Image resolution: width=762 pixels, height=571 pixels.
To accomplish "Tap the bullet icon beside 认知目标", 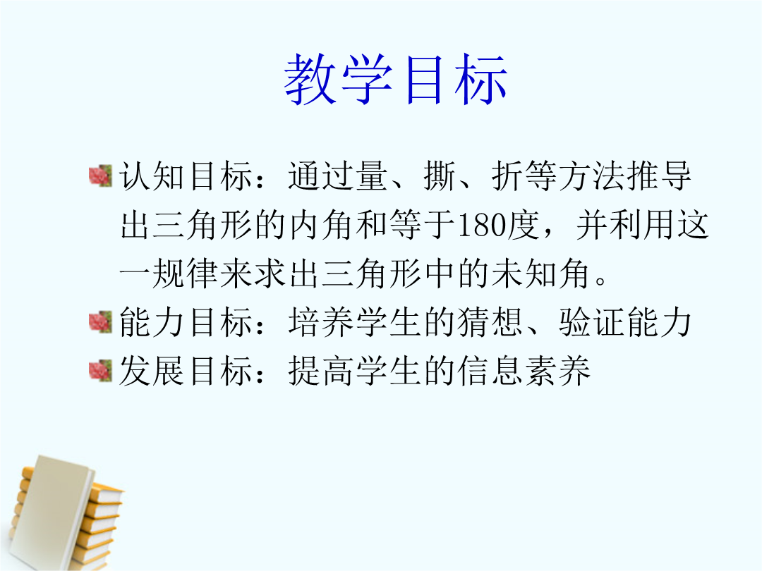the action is pos(101,176).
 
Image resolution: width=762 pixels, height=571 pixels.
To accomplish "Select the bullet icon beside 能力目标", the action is pos(101,322).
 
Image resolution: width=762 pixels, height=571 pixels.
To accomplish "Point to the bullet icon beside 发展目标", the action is pos(101,371).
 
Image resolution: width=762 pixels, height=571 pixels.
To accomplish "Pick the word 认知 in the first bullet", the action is pos(152,176).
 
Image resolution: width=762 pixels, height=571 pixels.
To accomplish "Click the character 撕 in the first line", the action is pos(440,176).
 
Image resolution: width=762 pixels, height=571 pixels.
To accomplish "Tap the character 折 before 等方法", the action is pos(507,176).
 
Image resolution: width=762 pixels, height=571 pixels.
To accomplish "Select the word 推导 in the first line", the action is pos(659,176).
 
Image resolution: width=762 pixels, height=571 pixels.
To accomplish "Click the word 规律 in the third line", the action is pos(185,274).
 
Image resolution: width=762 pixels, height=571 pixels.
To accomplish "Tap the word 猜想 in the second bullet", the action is pos(490,323).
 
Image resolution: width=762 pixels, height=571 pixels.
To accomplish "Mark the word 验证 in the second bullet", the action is pos(592,323).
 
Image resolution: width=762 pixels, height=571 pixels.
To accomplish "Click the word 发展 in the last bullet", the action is pos(152,372).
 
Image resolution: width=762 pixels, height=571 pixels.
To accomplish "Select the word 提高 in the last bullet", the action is pos(321,372).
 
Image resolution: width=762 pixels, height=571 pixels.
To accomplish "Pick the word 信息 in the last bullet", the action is pos(490,372).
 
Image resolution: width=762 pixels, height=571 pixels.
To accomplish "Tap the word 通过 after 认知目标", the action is pos(321,176).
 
